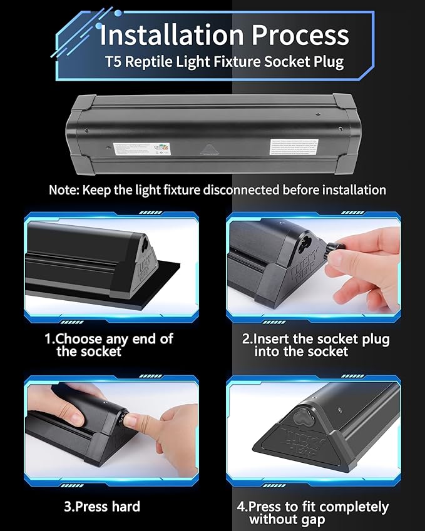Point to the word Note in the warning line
(63, 190)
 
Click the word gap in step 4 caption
(324, 519)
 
